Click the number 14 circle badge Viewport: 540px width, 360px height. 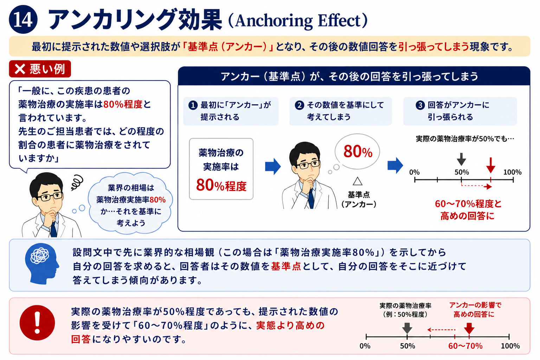pos(23,20)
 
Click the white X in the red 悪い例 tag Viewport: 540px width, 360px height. pos(20,69)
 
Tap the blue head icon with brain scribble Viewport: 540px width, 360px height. pos(42,264)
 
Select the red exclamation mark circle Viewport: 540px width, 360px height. pos(37,323)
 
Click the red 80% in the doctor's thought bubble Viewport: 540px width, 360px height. pos(358,152)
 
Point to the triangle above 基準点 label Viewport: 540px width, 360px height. pos(358,181)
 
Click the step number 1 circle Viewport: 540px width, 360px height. pos(193,105)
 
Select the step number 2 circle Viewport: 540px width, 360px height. pos(299,105)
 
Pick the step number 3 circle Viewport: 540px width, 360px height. pos(420,105)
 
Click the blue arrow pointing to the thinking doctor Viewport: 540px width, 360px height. pos(273,166)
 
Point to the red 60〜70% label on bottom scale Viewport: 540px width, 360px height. pos(465,346)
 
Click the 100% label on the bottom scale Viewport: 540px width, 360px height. pos(510,346)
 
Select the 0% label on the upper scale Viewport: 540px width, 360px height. pos(414,172)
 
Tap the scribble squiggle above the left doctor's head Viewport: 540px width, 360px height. pos(77,182)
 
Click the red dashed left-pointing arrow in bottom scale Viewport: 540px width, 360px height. pos(441,330)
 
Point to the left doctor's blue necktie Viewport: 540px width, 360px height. pos(53,229)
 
